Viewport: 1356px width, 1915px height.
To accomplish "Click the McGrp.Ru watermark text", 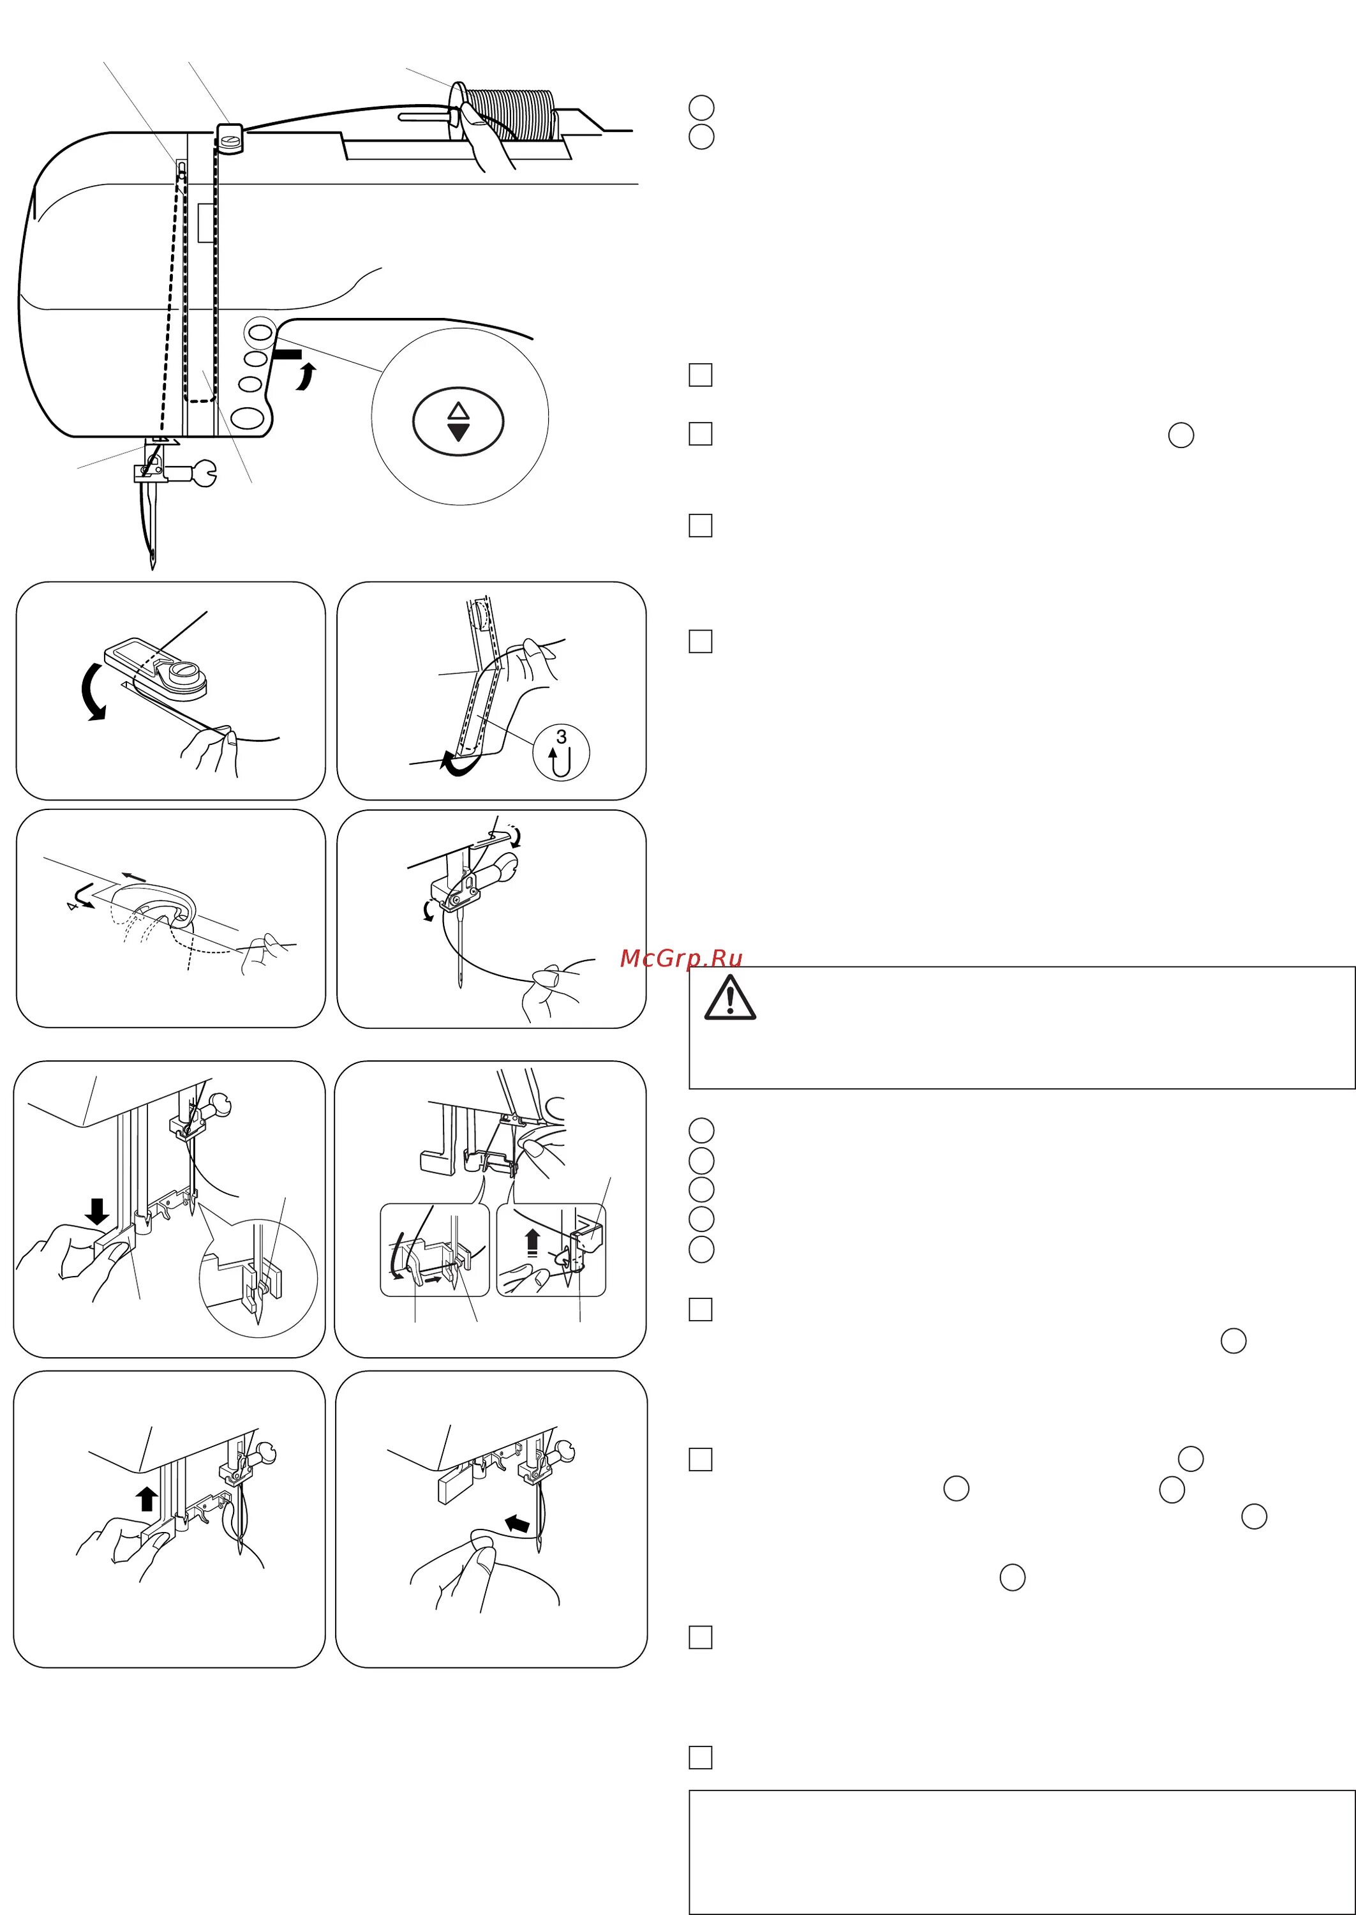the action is (680, 958).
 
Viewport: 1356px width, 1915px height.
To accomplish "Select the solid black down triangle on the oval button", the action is (458, 432).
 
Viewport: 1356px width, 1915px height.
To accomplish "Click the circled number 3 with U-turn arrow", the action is (561, 751).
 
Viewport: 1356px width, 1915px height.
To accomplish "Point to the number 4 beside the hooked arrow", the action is (73, 905).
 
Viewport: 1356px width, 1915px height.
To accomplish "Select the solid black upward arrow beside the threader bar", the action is (147, 1499).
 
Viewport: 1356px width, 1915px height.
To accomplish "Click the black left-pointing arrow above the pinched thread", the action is (518, 1524).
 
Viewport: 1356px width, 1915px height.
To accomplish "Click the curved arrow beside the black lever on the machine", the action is (308, 377).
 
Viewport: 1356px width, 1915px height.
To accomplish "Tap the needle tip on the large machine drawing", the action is (152, 566).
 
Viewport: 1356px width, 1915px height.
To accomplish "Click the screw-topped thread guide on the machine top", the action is (230, 139).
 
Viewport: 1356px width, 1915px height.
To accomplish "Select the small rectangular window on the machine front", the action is (205, 222).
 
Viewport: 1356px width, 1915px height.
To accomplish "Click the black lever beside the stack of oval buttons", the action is (287, 355).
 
